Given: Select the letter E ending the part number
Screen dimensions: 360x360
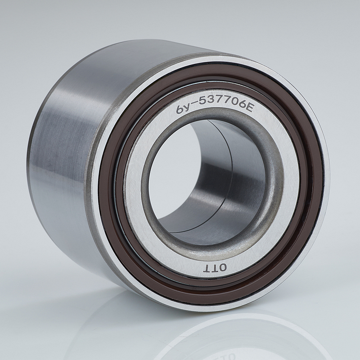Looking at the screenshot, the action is [x=248, y=108].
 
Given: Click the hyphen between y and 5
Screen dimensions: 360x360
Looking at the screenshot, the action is [x=195, y=103].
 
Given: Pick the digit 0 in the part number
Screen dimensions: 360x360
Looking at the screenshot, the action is [x=234, y=103].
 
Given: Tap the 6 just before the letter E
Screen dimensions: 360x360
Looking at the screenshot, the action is [x=241, y=105].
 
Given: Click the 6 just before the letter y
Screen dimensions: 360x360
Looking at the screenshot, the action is [x=181, y=109].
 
